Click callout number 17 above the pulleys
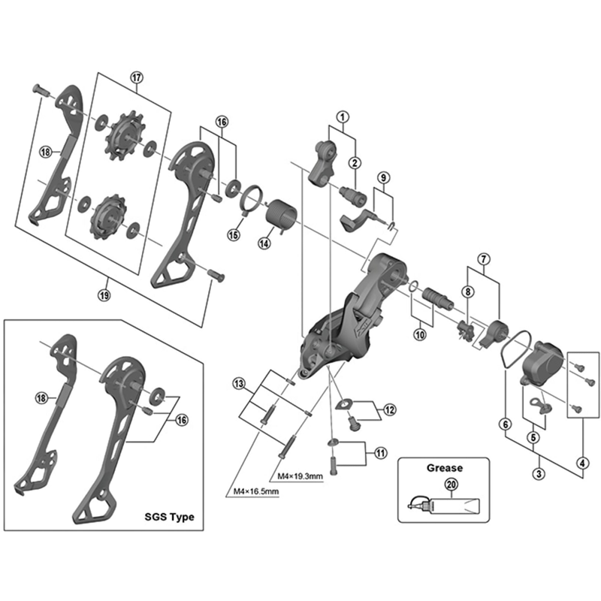point(136,77)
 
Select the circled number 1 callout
point(343,116)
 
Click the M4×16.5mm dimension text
point(253,492)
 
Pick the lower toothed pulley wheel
point(104,216)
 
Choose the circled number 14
point(264,243)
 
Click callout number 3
point(538,473)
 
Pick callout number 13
point(239,384)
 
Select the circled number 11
point(381,452)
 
